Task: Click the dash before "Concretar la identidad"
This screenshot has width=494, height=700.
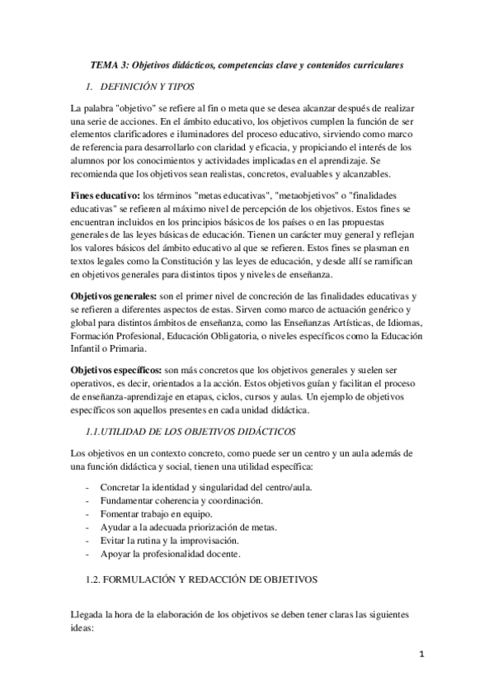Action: tap(88, 487)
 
